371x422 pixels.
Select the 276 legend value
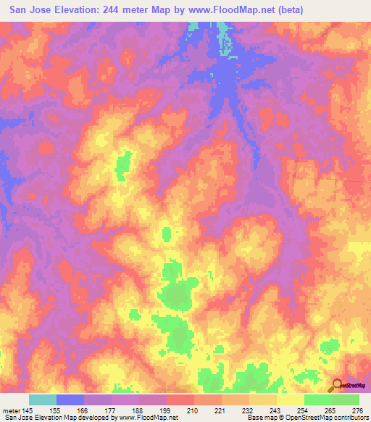pos(358,411)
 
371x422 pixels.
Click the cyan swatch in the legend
pos(42,400)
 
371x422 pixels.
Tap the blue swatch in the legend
pos(70,400)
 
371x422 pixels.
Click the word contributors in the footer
pos(351,418)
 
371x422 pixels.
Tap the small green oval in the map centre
pos(167,234)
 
